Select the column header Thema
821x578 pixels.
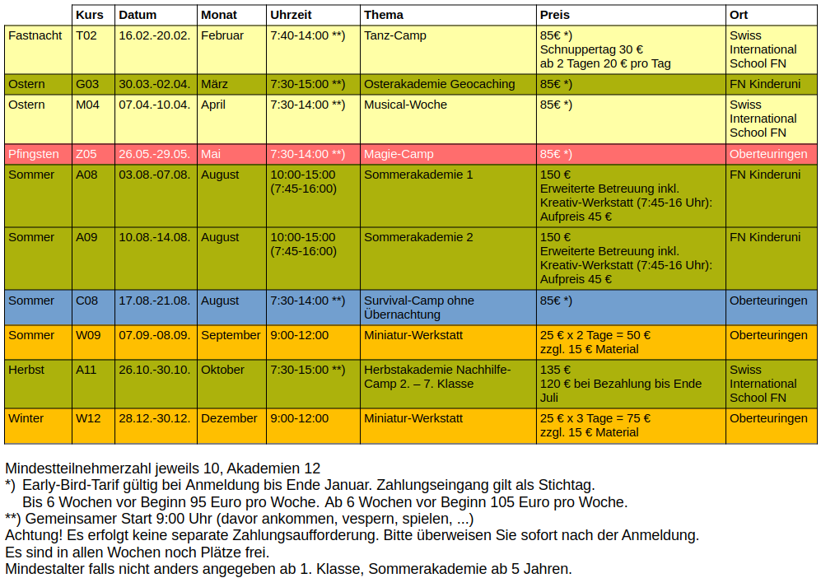coord(384,15)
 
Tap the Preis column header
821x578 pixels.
coord(555,15)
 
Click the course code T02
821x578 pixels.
coord(86,35)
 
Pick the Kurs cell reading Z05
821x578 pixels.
coord(86,154)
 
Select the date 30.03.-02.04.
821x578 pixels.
coord(155,84)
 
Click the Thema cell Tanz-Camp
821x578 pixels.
coord(395,35)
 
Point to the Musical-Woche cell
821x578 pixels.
coord(405,105)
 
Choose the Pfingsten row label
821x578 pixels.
coord(34,154)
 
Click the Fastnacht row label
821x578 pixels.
coord(35,35)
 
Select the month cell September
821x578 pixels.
coord(231,335)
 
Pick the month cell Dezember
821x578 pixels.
coord(229,418)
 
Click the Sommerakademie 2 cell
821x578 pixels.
coord(418,237)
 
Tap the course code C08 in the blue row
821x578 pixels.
coord(86,301)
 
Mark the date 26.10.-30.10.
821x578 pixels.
coord(155,370)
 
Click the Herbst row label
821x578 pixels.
coord(26,370)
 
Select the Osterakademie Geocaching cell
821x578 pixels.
coord(439,84)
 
